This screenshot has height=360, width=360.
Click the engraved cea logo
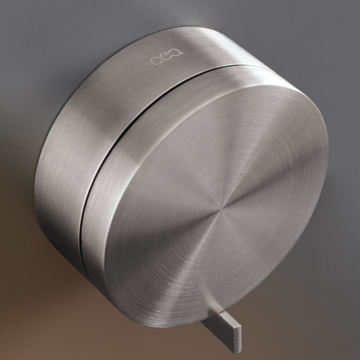pos(167,57)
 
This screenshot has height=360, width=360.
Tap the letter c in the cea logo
pos(156,61)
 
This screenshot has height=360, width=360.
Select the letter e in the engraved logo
pos(167,57)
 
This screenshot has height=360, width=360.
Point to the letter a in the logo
pos(178,53)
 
